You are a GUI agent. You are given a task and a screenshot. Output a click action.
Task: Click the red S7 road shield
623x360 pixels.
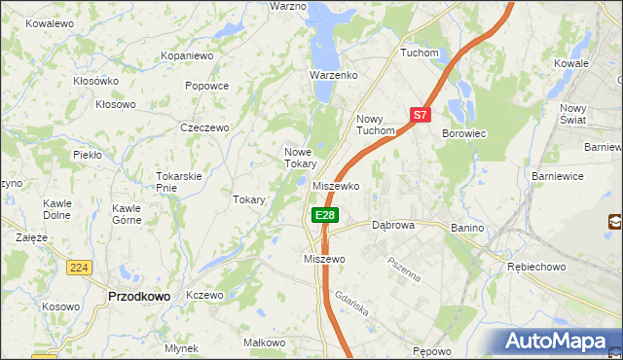tap(420, 114)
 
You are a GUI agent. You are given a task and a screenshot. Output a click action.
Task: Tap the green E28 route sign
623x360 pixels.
tap(325, 215)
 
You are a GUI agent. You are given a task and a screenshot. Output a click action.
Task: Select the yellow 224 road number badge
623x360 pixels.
tap(79, 267)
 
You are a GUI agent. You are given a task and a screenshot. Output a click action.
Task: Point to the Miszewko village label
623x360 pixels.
tap(337, 185)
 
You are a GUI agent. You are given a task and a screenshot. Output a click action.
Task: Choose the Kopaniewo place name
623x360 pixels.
tap(187, 56)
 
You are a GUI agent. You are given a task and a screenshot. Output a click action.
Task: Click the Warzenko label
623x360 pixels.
tap(334, 74)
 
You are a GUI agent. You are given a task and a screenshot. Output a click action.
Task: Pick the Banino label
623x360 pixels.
tap(467, 227)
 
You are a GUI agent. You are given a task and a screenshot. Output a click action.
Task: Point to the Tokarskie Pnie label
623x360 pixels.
tap(178, 182)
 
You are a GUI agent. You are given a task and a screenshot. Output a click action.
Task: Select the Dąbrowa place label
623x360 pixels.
tap(393, 225)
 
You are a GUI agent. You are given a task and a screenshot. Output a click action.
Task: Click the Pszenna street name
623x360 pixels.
tap(403, 269)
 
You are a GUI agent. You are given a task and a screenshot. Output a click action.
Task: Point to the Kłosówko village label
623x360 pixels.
tap(95, 81)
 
